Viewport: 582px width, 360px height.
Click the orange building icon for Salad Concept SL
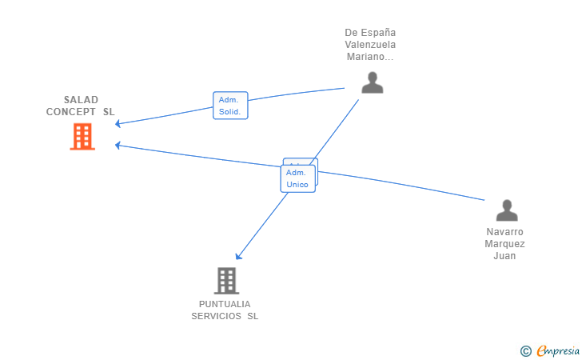(82, 137)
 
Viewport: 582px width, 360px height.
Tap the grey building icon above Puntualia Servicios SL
(226, 281)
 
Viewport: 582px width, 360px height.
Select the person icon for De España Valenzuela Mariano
(372, 82)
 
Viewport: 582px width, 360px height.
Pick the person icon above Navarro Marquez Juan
(507, 210)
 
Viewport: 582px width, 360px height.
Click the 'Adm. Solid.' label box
(230, 106)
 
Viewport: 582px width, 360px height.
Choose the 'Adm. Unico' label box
(297, 178)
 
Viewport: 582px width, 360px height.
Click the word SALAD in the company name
(81, 100)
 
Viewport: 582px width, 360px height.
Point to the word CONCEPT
(72, 112)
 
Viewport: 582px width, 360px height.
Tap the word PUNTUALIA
(225, 304)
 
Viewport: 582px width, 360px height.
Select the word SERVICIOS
(217, 316)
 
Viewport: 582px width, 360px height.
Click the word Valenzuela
(370, 45)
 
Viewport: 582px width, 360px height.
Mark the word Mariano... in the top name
(370, 57)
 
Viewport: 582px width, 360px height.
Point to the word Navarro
(505, 232)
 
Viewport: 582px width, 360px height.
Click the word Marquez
(505, 244)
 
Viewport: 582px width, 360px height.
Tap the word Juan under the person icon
(504, 256)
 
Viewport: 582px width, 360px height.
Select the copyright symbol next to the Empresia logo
(525, 350)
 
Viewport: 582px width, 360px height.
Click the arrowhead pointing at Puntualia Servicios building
(238, 257)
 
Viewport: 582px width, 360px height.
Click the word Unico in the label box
(297, 185)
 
